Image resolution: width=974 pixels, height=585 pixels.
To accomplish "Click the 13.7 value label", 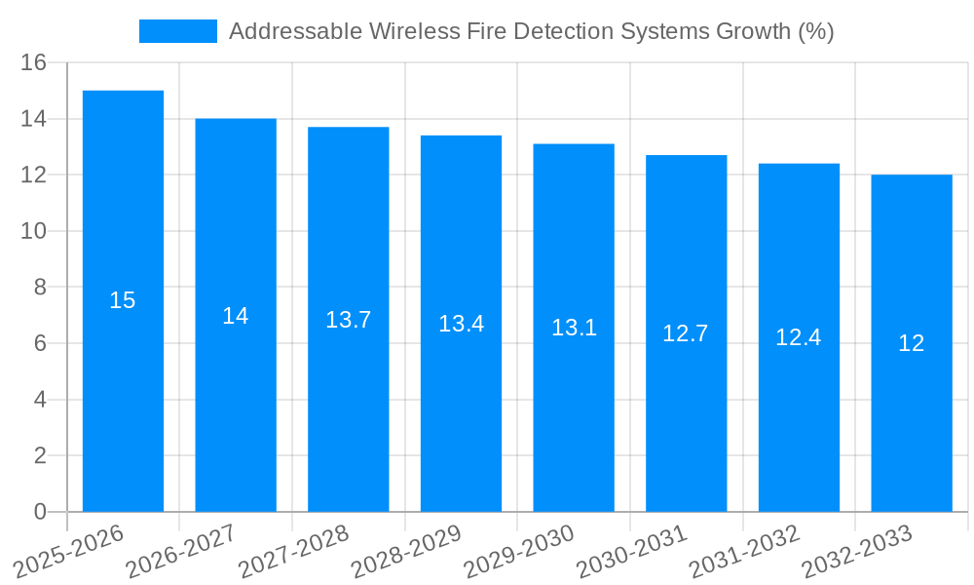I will pyautogui.click(x=349, y=320).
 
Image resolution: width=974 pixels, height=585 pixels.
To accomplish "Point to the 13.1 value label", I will pyautogui.click(x=574, y=328).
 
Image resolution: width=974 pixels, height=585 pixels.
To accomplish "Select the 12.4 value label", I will pyautogui.click(x=799, y=337).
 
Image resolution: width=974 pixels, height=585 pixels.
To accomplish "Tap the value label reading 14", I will pyautogui.click(x=236, y=316).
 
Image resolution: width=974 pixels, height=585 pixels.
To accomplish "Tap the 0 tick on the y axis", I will pyautogui.click(x=40, y=512).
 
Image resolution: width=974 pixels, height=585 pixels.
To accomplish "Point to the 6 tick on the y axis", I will pyautogui.click(x=40, y=343).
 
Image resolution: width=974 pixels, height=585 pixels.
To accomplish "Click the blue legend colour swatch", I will pyautogui.click(x=178, y=31).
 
